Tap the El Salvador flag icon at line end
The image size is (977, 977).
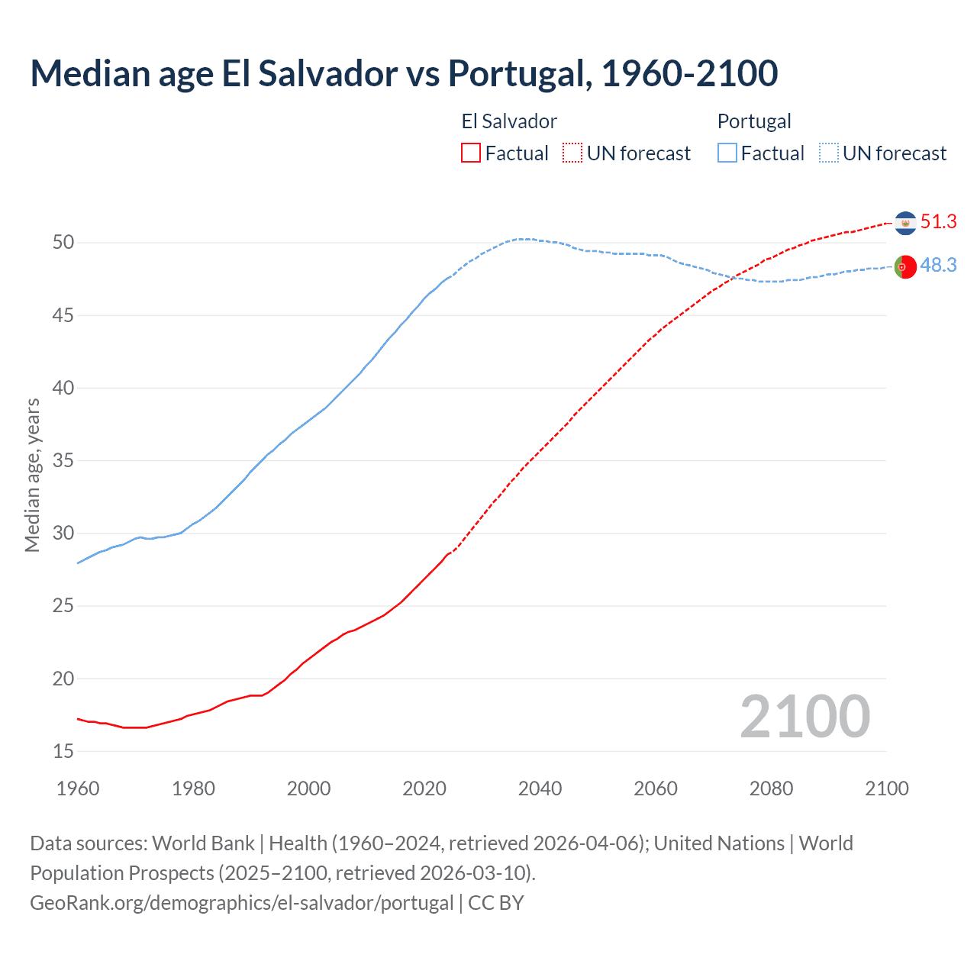point(905,223)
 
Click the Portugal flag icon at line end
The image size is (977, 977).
point(905,267)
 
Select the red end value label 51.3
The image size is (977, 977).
point(938,222)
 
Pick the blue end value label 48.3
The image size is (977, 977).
point(938,266)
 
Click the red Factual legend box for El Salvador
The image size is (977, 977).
point(471,153)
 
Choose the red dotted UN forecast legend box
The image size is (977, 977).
point(572,153)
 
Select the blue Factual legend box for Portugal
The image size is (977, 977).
point(727,153)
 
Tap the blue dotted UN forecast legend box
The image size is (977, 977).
point(829,153)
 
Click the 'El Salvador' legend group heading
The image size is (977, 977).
point(509,121)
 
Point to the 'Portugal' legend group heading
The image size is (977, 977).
point(754,121)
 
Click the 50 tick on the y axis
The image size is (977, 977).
point(63,243)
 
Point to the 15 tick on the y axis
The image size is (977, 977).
point(63,752)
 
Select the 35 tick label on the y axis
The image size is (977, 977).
point(63,461)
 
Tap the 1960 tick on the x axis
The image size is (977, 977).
point(78,788)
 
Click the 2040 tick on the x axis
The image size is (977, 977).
point(540,788)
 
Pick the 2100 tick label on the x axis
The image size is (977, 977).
point(886,788)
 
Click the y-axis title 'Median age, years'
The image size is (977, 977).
point(32,475)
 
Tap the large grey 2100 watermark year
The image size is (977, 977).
point(805,717)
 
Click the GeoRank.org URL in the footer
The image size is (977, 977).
point(241,903)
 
